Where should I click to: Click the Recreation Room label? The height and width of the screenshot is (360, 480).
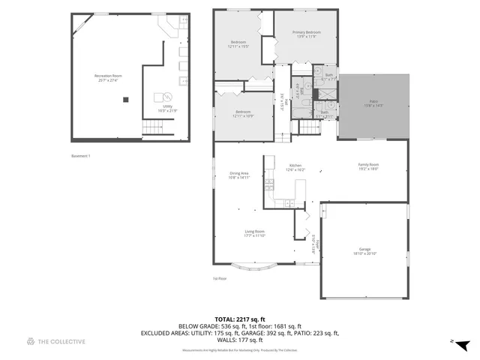click(108, 77)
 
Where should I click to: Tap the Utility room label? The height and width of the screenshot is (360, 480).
click(168, 108)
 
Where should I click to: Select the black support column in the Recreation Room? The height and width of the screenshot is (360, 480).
click(126, 99)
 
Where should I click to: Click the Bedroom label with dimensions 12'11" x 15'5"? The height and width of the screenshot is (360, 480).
click(238, 43)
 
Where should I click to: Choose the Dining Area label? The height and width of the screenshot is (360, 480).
click(239, 175)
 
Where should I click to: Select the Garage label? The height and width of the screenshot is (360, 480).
click(365, 251)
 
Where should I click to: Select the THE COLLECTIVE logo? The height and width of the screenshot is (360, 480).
click(56, 342)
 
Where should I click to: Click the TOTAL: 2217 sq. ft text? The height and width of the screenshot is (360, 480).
click(239, 319)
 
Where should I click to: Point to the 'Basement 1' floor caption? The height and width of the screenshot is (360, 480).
click(80, 156)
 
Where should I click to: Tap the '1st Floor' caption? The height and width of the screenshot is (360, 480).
click(219, 279)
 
